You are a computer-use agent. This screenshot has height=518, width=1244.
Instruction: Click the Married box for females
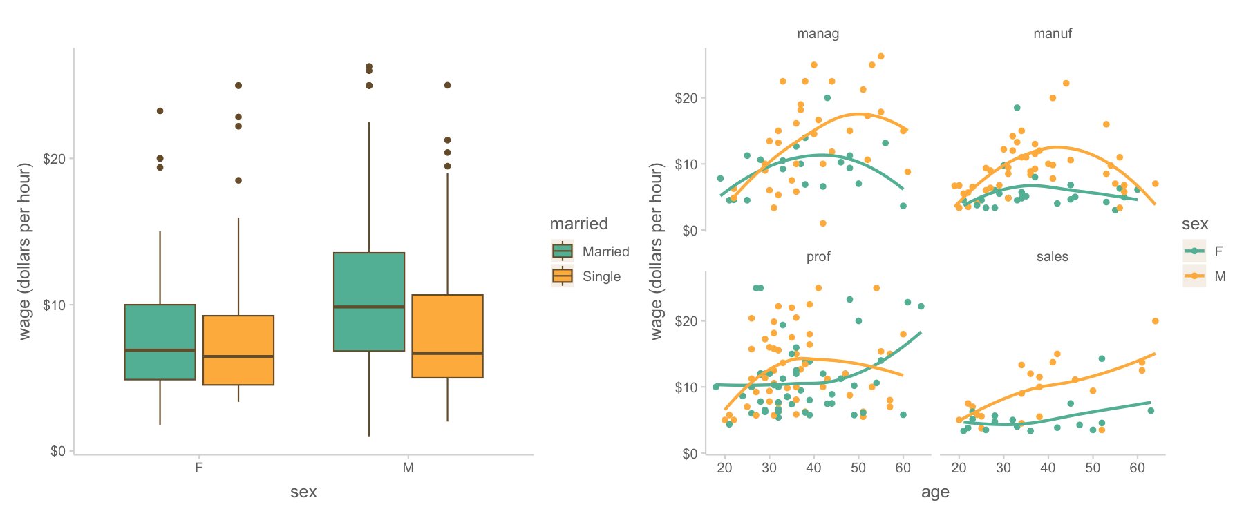160,342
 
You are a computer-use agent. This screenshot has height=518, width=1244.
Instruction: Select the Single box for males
447,336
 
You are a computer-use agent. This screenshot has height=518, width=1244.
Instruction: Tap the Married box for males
369,302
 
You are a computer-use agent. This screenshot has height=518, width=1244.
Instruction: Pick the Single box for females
238,350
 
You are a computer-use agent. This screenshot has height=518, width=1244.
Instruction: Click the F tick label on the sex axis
199,468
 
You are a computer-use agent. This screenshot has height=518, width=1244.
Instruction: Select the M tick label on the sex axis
408,468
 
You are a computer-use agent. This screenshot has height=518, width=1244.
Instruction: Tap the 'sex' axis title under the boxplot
303,492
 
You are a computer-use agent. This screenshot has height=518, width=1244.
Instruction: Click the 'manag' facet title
818,33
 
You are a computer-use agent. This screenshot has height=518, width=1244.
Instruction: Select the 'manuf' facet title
1053,33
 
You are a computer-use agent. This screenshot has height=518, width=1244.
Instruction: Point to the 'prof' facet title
818,257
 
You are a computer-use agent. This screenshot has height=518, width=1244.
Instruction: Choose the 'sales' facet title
1053,257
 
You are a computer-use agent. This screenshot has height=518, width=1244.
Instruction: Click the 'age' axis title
935,492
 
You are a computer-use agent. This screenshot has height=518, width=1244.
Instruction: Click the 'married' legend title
578,224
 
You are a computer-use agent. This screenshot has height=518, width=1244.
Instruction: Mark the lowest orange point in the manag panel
823,223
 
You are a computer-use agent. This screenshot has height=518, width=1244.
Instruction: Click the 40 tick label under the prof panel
814,468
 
